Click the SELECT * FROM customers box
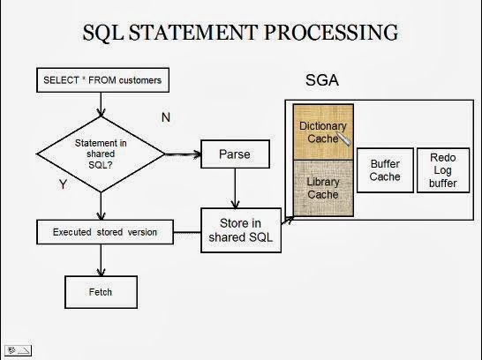click(101, 81)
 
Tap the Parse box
click(234, 155)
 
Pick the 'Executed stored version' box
click(104, 233)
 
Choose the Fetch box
click(102, 290)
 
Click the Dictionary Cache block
click(323, 132)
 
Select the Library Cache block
click(323, 189)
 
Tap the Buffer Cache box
click(385, 170)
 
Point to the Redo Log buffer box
click(443, 170)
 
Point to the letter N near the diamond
click(166, 117)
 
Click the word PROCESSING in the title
click(332, 33)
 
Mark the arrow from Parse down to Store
click(234, 188)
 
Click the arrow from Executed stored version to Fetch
click(102, 260)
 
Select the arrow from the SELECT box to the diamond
click(102, 104)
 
